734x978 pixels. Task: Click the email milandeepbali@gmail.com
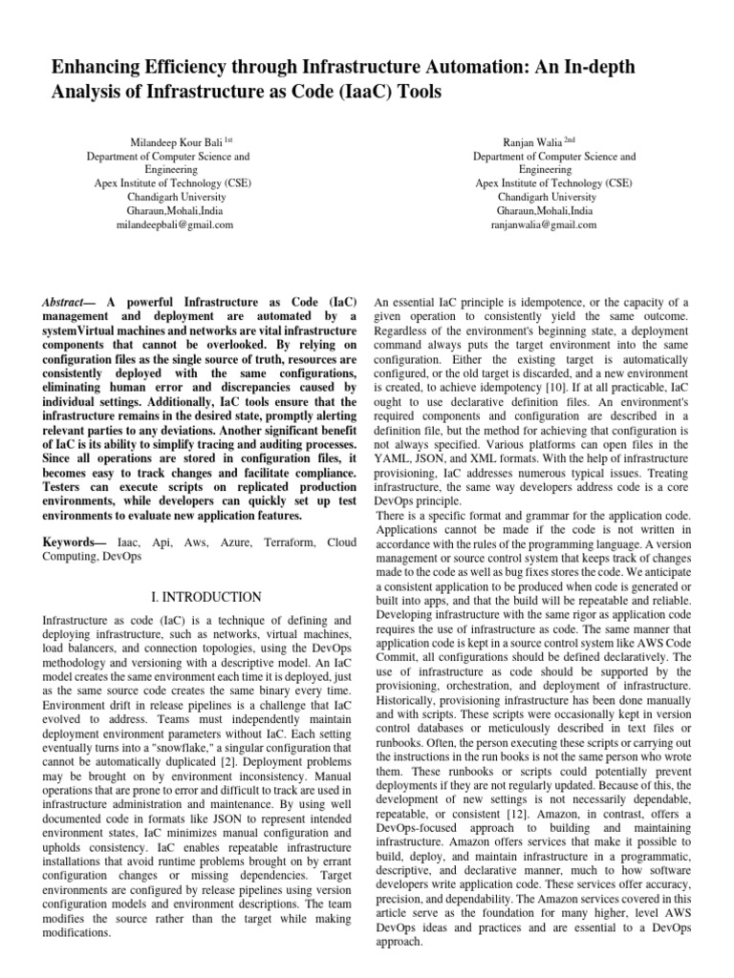[168, 224]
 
